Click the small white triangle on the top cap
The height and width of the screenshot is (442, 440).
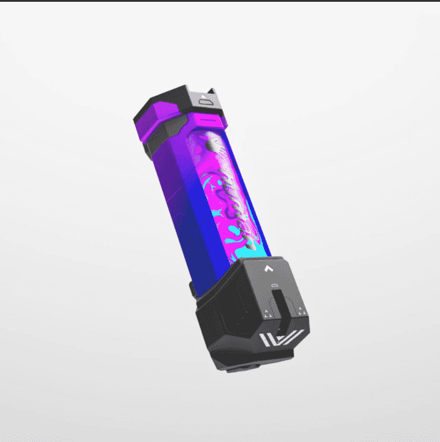[204, 94]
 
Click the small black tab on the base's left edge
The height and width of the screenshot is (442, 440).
[192, 290]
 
